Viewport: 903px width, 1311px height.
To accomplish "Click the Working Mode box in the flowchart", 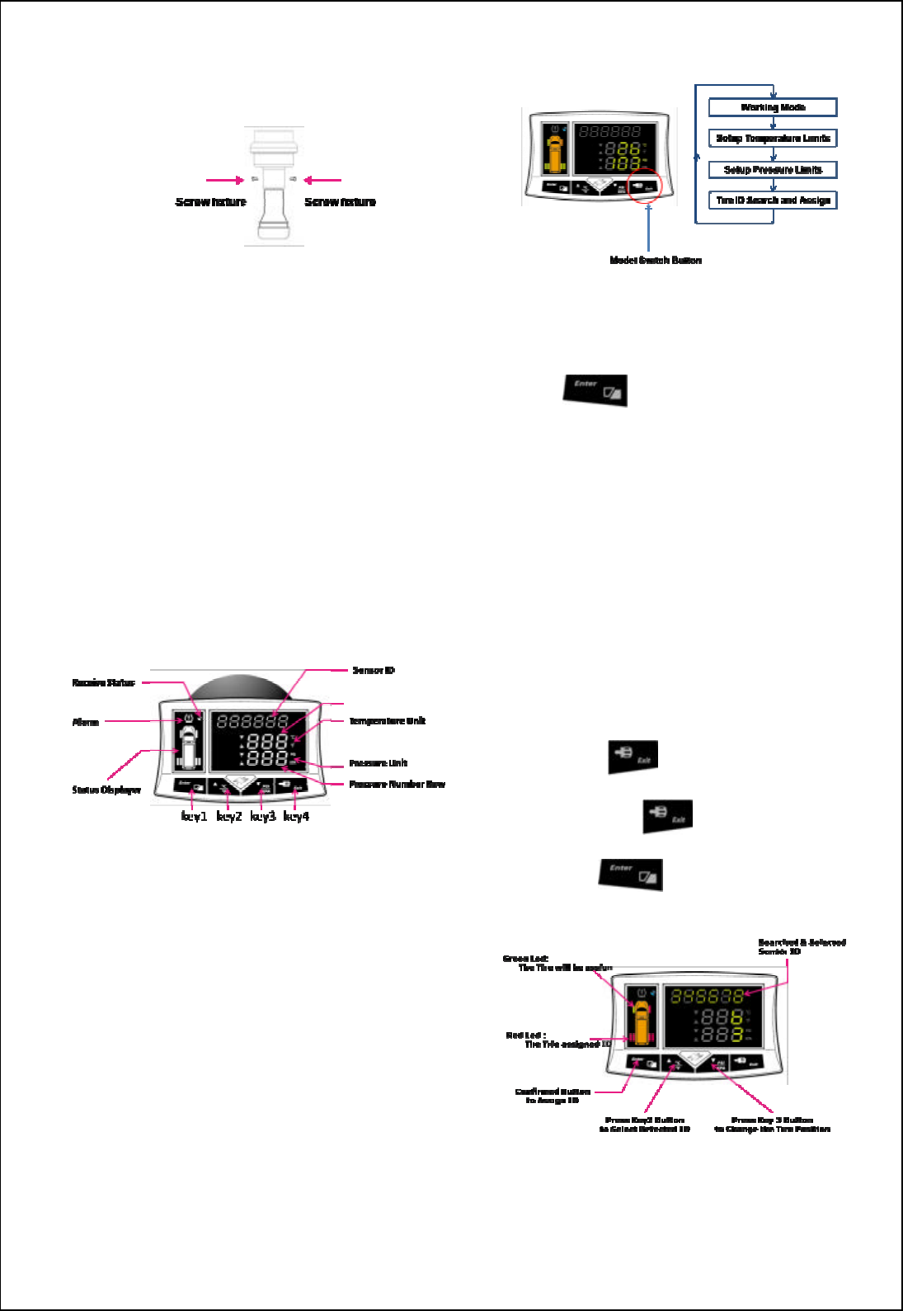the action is [773, 107].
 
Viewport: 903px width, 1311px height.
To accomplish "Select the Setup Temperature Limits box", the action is [773, 139].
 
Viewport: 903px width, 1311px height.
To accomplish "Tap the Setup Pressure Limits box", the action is [773, 170].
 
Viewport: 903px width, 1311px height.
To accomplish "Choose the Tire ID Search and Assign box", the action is [773, 200].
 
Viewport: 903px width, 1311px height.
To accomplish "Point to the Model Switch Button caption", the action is [656, 260].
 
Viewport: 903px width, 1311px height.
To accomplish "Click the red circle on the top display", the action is [644, 184].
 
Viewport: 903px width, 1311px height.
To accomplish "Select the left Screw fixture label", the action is [211, 202].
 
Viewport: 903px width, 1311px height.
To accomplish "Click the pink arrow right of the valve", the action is [322, 180].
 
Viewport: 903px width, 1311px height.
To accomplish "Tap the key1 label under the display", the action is [194, 817].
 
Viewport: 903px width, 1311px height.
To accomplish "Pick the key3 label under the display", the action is [263, 817].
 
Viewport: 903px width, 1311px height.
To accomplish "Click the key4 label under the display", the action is [296, 817].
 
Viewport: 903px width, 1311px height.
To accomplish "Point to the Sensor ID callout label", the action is [374, 671].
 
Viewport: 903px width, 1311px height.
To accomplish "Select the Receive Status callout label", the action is [103, 683].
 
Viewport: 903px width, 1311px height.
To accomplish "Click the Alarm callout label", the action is [86, 723].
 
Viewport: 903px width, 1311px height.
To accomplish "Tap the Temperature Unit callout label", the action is [387, 721].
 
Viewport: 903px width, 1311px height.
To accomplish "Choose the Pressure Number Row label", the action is [397, 785].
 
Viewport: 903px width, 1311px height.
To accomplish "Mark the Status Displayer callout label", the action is [106, 790].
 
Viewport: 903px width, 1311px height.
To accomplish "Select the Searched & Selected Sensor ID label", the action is [802, 946].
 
